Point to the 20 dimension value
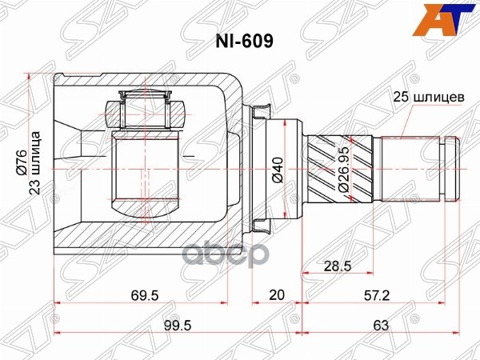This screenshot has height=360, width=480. (277, 295)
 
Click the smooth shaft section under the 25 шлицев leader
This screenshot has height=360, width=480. (408, 168)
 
